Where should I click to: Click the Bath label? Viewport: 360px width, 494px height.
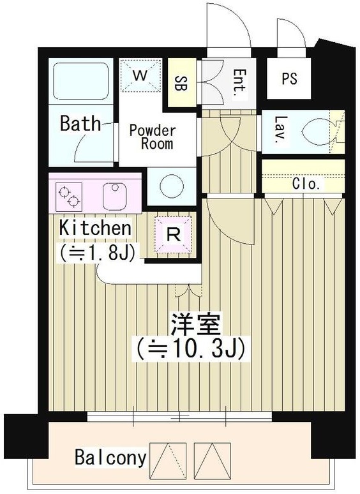point(80,123)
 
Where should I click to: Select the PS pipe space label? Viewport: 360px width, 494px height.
point(289,79)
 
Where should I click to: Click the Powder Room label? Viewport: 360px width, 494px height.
point(152,137)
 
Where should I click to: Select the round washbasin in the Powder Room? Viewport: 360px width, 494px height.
point(172,187)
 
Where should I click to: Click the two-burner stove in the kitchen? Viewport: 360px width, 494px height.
point(70,195)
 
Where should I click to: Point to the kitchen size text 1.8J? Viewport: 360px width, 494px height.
point(97,253)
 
